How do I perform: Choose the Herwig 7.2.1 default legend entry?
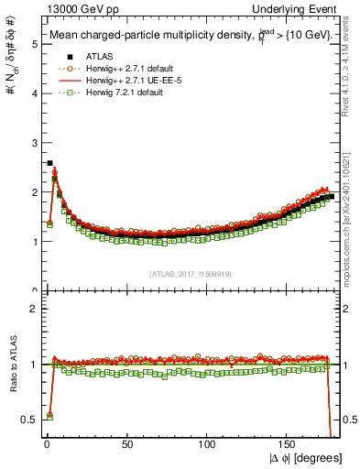coord(114,93)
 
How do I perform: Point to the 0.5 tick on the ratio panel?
coord(28,419)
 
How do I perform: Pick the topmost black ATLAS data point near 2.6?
coord(49,163)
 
